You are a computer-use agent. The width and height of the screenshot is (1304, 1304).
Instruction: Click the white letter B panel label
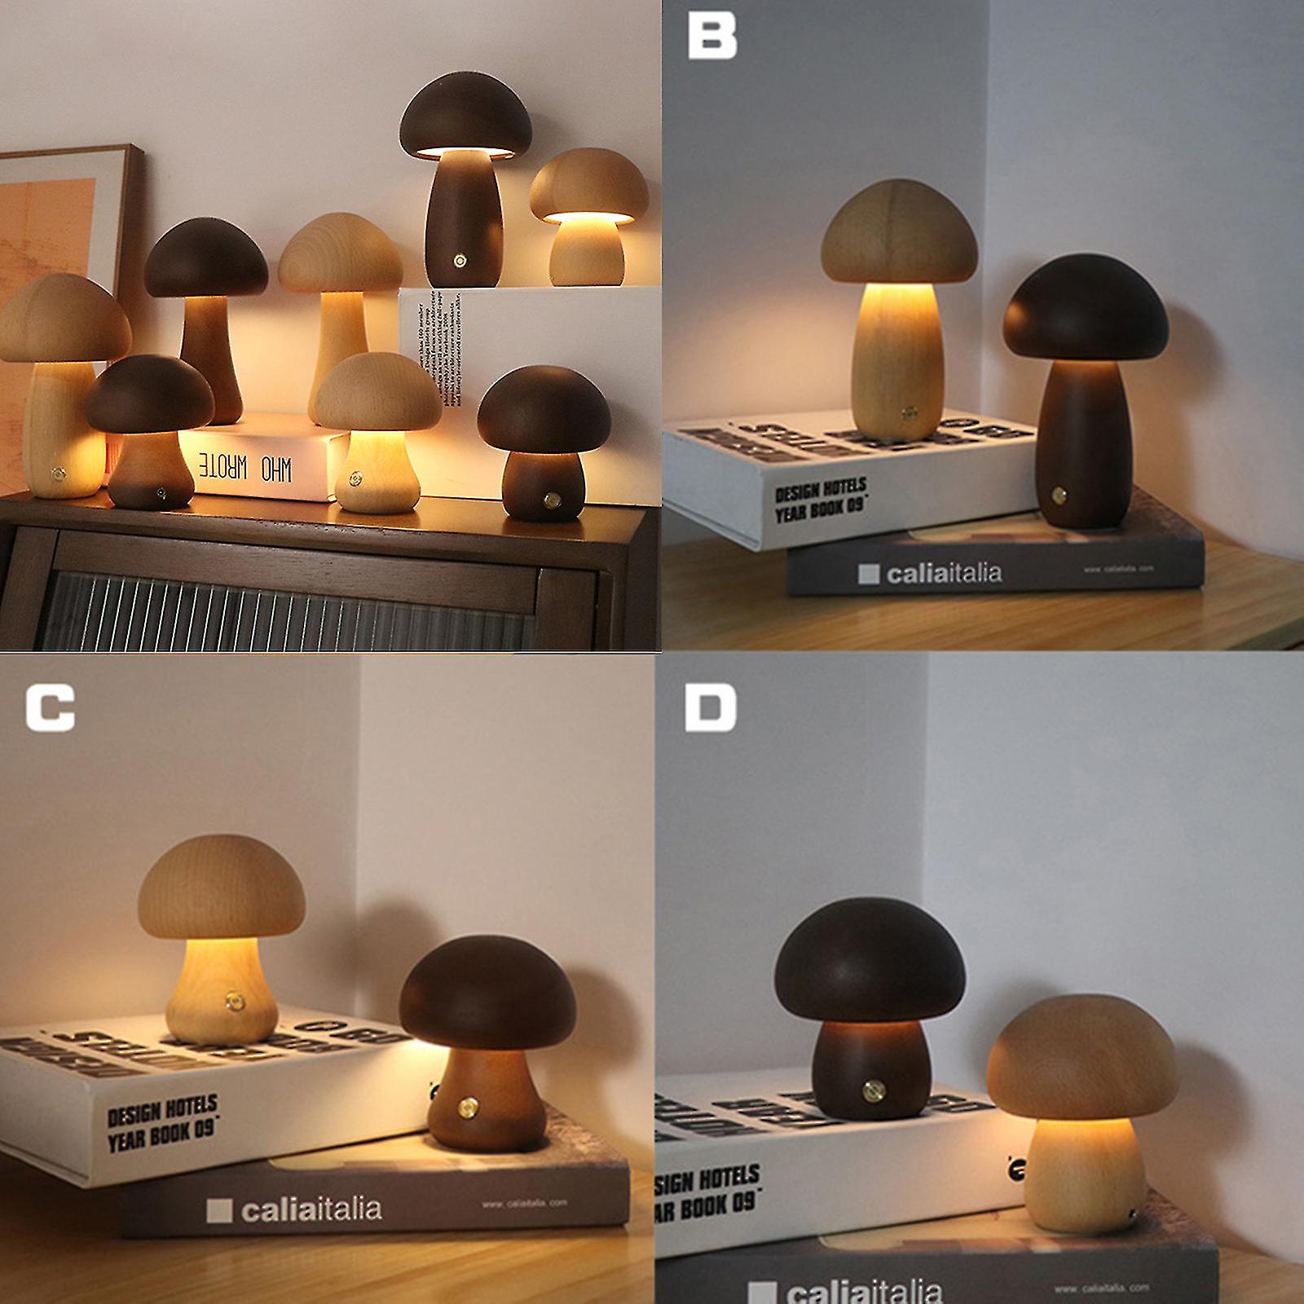[x=712, y=36]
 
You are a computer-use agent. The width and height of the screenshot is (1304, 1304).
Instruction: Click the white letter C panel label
[x=50, y=707]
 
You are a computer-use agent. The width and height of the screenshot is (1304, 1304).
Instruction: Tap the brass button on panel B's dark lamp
[x=1060, y=495]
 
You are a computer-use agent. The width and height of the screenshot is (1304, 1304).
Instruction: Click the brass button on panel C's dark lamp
[x=469, y=1107]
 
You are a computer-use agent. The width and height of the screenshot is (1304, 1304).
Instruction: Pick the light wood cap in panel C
[x=222, y=889]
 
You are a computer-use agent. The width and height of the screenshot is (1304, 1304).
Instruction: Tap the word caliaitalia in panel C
[x=310, y=1208]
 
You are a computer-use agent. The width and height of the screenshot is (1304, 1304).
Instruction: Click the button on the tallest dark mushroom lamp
[x=460, y=262]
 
